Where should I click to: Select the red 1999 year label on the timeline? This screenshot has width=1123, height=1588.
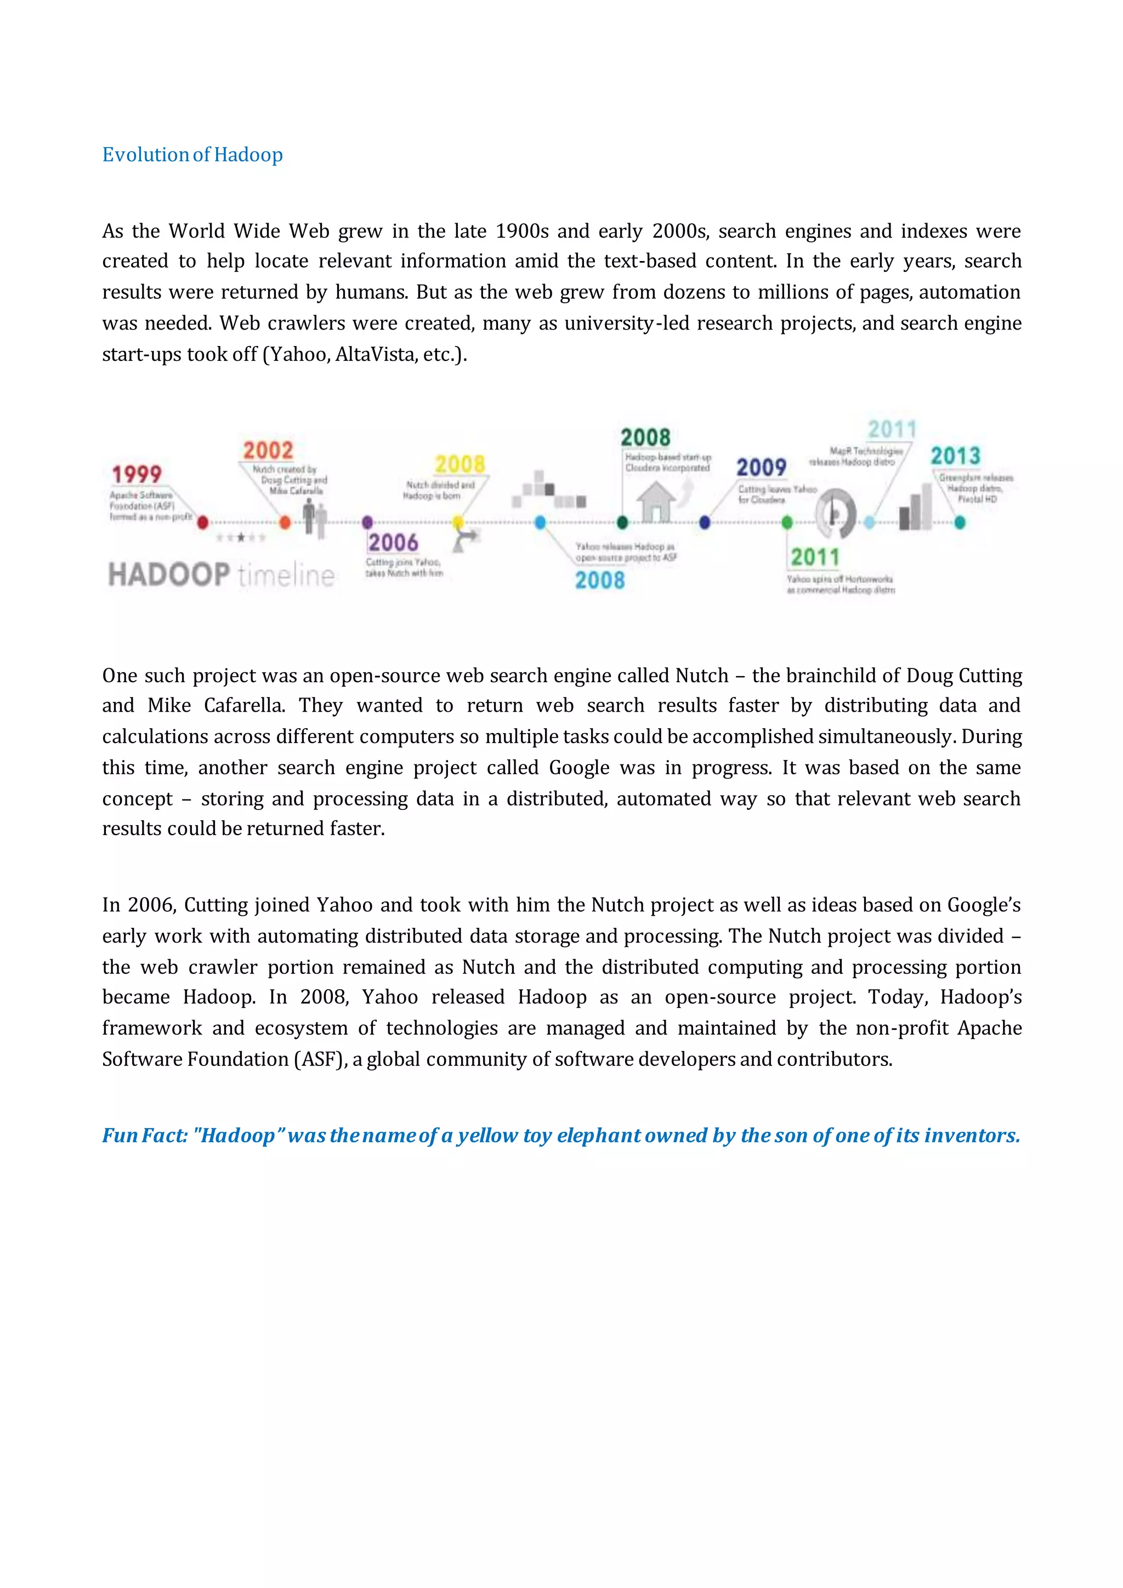pyautogui.click(x=137, y=474)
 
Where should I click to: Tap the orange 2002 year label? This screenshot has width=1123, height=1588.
pyautogui.click(x=268, y=451)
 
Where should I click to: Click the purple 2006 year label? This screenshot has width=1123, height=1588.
pyautogui.click(x=393, y=542)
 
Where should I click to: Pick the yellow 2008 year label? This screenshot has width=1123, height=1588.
pyautogui.click(x=460, y=464)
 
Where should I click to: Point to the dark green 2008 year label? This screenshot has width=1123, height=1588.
pyautogui.click(x=645, y=438)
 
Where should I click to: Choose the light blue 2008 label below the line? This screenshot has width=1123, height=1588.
pyautogui.click(x=599, y=580)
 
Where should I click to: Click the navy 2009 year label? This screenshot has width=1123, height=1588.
pyautogui.click(x=761, y=468)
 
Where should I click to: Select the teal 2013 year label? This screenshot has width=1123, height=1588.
pyautogui.click(x=955, y=456)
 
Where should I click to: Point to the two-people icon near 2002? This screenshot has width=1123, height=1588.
pyautogui.click(x=315, y=519)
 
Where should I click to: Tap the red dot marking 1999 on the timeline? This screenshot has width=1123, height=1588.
pyautogui.click(x=202, y=522)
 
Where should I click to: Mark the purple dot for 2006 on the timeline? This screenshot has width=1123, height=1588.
pyautogui.click(x=367, y=522)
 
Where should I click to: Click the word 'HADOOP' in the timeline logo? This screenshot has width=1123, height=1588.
pyautogui.click(x=169, y=575)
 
